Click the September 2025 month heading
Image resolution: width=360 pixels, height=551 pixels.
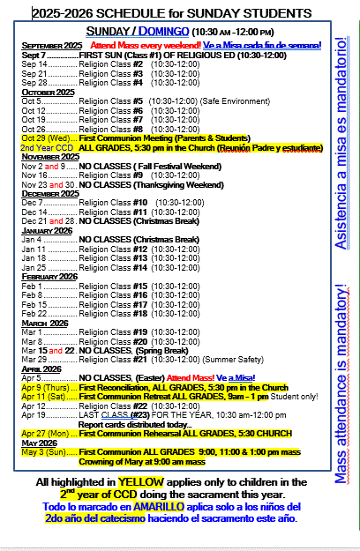(x=51, y=44)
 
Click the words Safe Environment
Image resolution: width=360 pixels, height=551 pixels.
(x=232, y=101)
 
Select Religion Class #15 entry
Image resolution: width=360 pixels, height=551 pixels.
(x=111, y=287)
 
